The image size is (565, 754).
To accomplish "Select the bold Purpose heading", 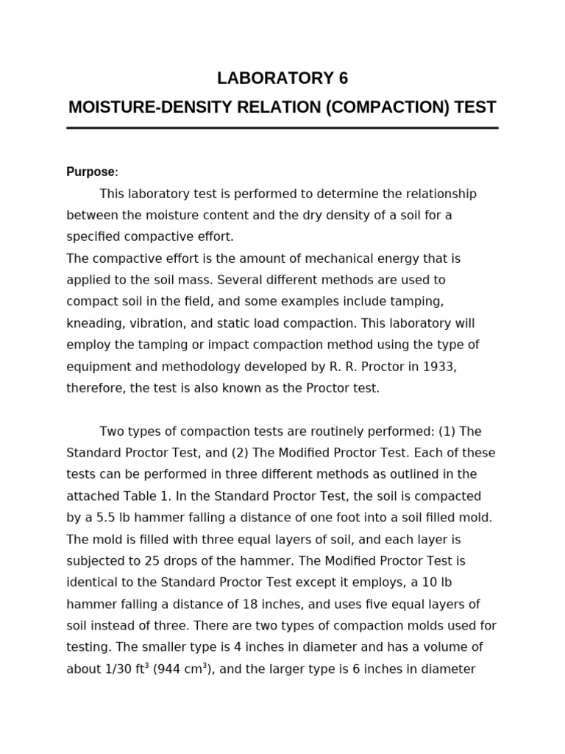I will pos(91,172).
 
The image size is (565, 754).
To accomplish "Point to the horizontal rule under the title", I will pos(282,128).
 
